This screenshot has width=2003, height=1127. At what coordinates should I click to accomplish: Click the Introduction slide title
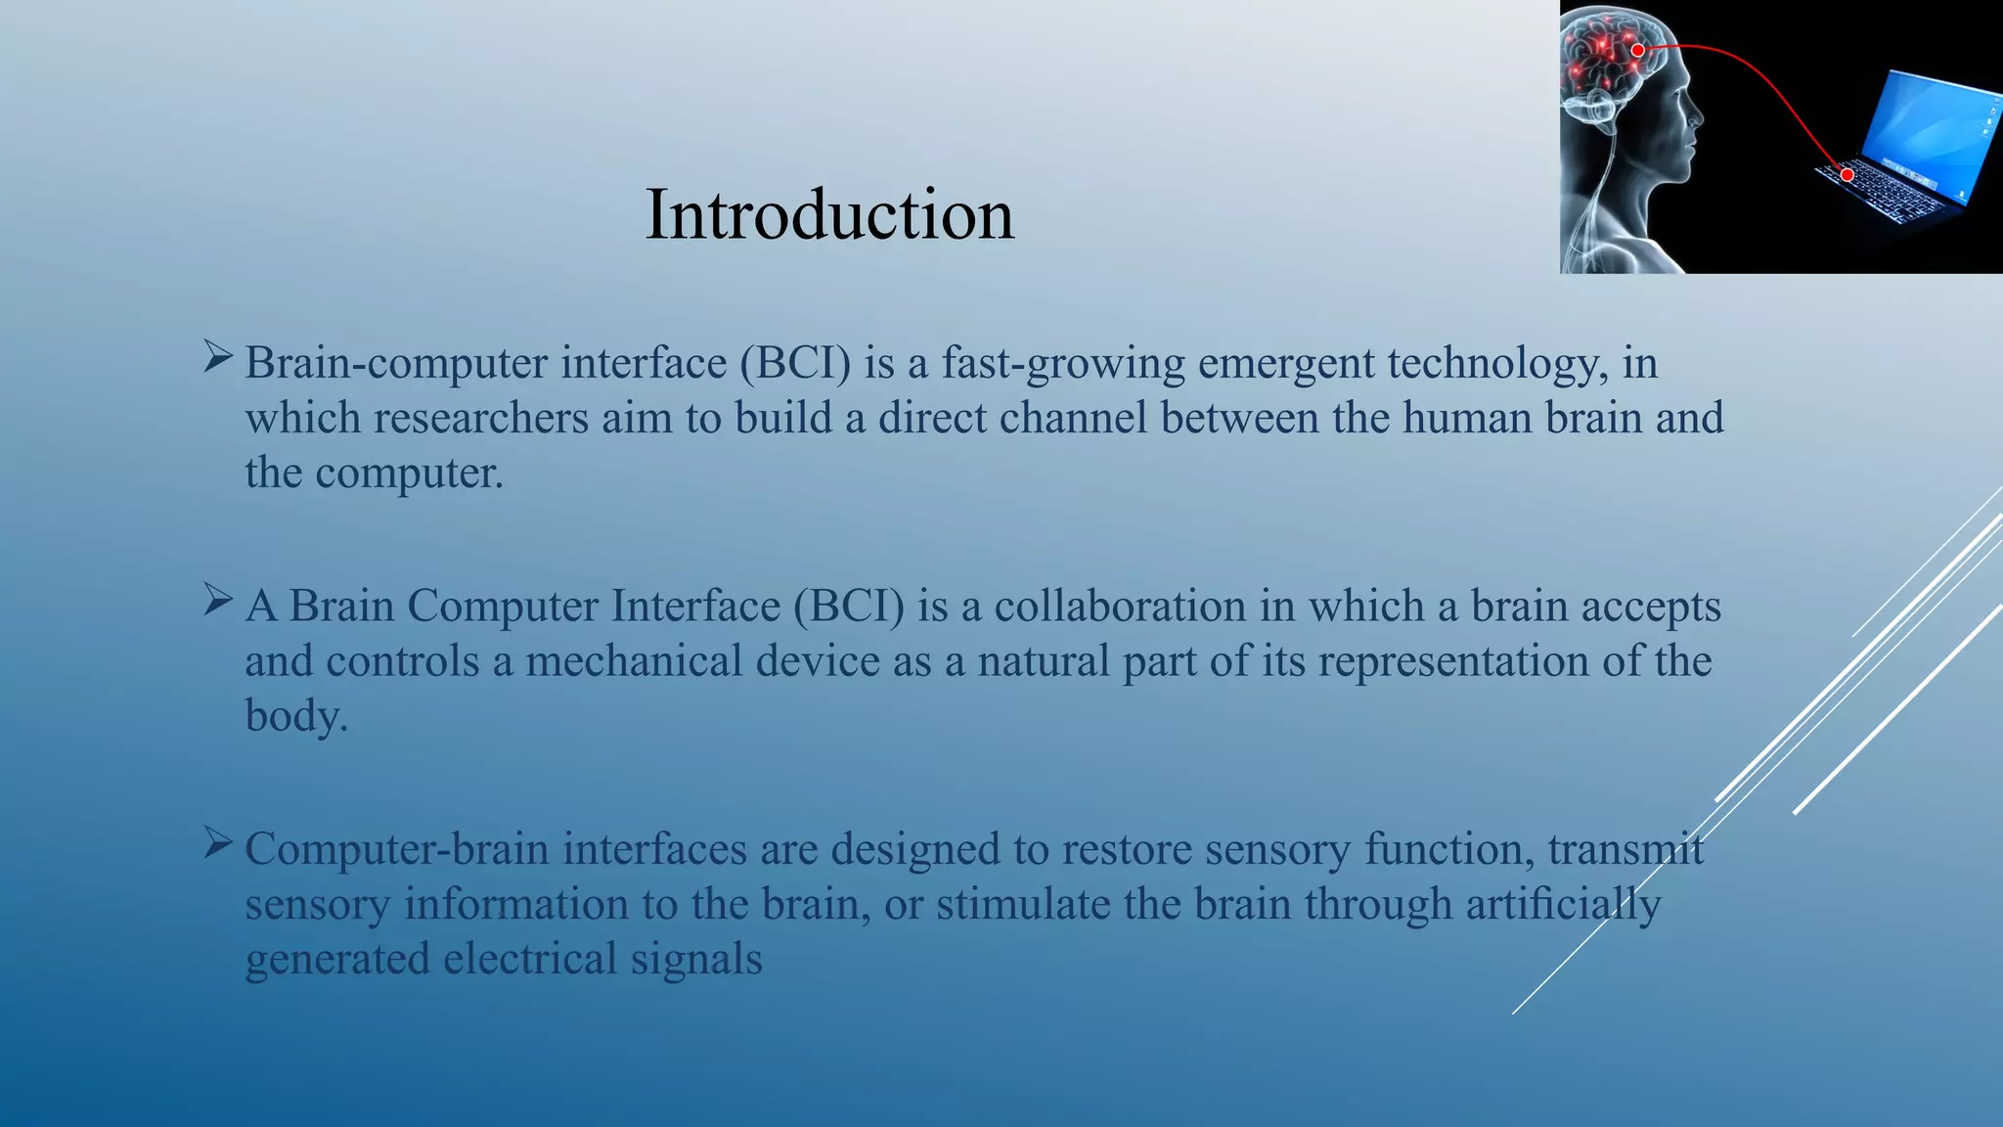tap(829, 215)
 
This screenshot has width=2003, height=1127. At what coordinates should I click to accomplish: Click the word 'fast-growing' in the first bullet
tap(1063, 364)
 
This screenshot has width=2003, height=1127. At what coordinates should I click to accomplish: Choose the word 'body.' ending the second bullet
tap(296, 717)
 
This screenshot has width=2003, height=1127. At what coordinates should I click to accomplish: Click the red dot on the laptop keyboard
tap(1847, 175)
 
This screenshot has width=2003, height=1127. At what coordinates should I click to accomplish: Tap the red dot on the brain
tap(1637, 50)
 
